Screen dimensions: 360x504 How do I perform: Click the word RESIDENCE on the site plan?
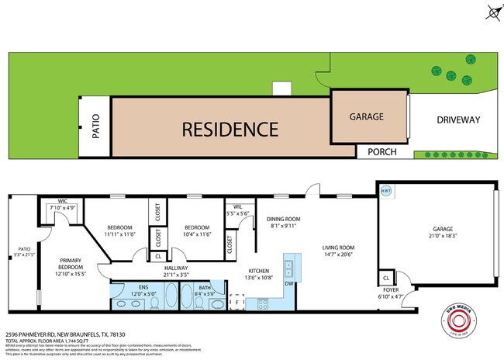click(230, 129)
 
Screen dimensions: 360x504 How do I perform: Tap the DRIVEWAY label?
click(458, 119)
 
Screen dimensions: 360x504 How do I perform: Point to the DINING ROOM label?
click(280, 219)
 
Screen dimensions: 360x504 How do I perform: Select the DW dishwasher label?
click(288, 284)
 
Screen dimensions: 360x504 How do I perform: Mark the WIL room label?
click(237, 206)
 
